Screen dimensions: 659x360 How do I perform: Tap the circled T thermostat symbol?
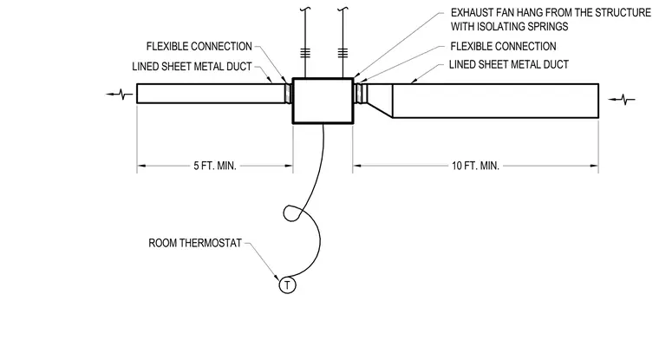tap(288, 285)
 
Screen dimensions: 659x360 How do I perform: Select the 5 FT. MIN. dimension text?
tap(215, 166)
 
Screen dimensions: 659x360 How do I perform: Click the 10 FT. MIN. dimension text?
tap(475, 166)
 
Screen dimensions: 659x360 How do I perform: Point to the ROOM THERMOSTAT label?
tap(195, 243)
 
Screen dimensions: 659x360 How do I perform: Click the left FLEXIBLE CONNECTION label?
tap(199, 46)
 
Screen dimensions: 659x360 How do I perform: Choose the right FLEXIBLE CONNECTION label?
tap(503, 46)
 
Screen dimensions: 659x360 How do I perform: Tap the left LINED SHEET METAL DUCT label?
tap(192, 67)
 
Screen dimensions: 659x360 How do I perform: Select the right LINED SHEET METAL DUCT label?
tap(508, 64)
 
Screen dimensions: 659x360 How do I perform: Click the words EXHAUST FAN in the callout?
tap(480, 13)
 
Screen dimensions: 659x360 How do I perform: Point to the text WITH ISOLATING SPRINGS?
tap(509, 27)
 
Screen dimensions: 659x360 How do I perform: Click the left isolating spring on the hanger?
tap(305, 53)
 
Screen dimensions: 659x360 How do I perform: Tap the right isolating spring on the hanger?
tap(343, 53)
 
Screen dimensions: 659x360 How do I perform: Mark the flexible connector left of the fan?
tap(288, 94)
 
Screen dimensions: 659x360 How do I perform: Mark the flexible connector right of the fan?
tap(361, 94)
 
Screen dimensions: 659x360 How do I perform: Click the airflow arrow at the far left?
tap(120, 95)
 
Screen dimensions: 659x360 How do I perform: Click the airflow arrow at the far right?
tap(622, 100)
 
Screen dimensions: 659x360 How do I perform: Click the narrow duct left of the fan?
tap(211, 94)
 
